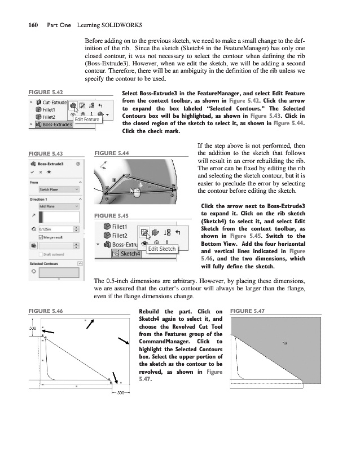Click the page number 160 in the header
pyautogui.click(x=27, y=25)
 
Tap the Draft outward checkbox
pyautogui.click(x=33, y=254)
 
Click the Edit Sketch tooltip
pyautogui.click(x=161, y=249)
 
